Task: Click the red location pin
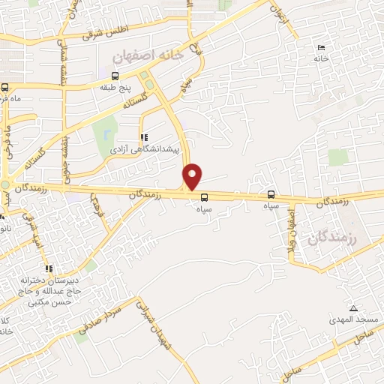193,175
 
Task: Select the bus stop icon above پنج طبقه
115,76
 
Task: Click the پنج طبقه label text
115,87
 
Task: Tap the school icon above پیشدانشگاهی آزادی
144,137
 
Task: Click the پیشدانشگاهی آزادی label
145,149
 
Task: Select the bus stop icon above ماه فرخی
5,87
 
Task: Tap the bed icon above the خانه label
322,47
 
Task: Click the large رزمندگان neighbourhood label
331,235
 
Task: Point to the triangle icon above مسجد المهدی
353,308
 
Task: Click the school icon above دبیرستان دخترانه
49,268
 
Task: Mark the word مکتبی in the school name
38,302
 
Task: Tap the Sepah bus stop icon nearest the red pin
205,198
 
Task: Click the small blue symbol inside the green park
107,134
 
